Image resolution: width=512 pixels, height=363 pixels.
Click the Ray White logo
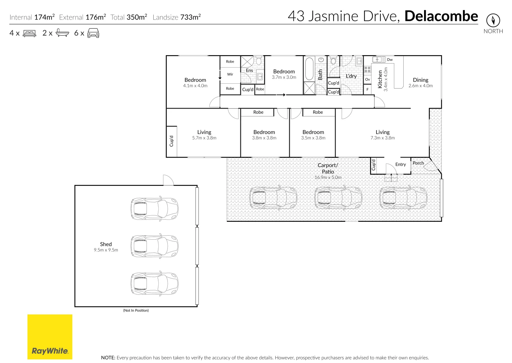tap(50, 337)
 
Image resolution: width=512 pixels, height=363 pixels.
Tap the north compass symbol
tap(493, 21)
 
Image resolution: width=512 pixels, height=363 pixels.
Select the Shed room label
tap(106, 244)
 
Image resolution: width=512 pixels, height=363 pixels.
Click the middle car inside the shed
tap(154, 246)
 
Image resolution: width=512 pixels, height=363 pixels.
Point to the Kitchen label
tap(380, 79)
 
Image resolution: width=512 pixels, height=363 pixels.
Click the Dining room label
tap(420, 80)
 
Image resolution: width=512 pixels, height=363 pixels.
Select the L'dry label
tap(351, 76)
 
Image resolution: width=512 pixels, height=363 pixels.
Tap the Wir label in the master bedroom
tap(230, 74)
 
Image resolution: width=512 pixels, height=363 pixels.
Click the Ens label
tap(249, 71)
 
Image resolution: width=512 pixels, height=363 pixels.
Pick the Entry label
tap(400, 164)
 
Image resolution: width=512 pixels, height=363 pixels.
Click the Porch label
tap(418, 163)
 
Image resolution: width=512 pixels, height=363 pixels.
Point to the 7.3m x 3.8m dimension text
tap(382, 138)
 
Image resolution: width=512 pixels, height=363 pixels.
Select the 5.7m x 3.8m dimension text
tap(204, 138)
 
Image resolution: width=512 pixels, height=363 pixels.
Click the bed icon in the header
tap(30, 33)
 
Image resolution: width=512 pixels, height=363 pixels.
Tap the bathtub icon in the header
tap(62, 33)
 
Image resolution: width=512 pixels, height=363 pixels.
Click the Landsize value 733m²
tap(191, 17)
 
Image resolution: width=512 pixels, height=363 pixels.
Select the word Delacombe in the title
tap(441, 16)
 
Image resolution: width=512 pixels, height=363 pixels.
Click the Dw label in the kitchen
tap(390, 60)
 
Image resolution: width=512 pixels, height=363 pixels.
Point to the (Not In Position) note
tap(136, 310)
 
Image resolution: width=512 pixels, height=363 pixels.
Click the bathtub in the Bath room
tap(309, 69)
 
